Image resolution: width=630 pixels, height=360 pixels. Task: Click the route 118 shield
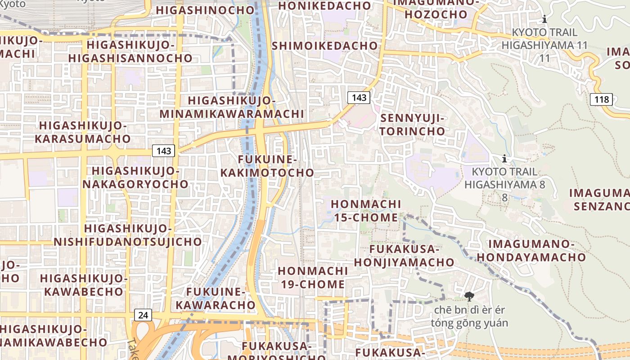(602, 99)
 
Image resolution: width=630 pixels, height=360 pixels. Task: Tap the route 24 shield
(143, 315)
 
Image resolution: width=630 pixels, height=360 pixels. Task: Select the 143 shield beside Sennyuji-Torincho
(359, 97)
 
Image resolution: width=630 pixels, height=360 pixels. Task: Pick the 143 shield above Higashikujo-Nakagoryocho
(163, 151)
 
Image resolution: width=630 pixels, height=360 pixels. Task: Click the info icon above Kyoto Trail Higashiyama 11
(544, 19)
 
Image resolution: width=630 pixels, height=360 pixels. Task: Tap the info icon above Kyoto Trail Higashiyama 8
(504, 158)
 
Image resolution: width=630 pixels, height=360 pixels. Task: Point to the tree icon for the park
(469, 296)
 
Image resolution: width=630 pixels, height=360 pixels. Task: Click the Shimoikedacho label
(324, 46)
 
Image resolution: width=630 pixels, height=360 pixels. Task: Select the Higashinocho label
(205, 10)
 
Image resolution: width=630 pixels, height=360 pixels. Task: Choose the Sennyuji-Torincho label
(413, 125)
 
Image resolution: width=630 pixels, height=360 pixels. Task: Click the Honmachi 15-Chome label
(366, 211)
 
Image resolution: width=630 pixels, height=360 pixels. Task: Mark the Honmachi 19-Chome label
(312, 278)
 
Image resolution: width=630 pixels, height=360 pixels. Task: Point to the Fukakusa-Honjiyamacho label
(404, 256)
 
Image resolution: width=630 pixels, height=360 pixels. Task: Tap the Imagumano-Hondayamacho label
(531, 251)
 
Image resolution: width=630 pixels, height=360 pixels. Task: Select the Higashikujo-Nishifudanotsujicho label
(128, 235)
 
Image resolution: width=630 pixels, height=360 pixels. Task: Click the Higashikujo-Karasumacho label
(83, 132)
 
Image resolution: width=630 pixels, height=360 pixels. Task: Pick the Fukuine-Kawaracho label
(216, 298)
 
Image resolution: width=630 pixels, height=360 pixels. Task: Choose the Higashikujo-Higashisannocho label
(130, 51)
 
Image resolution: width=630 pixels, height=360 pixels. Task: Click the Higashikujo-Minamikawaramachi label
(232, 107)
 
